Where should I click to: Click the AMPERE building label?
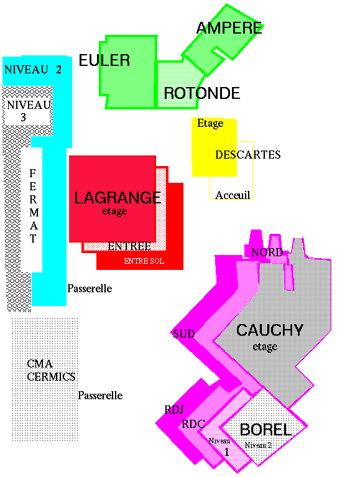(x=229, y=28)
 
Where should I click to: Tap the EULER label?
(x=104, y=60)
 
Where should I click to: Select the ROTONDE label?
(x=202, y=93)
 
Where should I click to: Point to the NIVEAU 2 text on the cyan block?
(x=33, y=70)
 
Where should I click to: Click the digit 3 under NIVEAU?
(x=24, y=118)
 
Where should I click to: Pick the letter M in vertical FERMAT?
(x=34, y=212)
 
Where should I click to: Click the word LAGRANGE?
(x=118, y=198)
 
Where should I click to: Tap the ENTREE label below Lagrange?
(x=129, y=246)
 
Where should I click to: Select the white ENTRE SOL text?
(x=144, y=261)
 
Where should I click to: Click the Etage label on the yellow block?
(x=210, y=124)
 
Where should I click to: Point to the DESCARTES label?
(x=248, y=155)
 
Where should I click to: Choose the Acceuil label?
(x=233, y=195)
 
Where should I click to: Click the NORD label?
(x=267, y=252)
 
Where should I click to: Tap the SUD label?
(x=184, y=334)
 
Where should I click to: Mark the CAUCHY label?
(x=270, y=330)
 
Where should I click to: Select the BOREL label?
(x=265, y=430)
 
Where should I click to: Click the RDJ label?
(x=174, y=410)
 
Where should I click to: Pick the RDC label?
(x=193, y=424)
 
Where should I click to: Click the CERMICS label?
(x=51, y=377)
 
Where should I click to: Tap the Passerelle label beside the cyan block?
(x=90, y=289)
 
